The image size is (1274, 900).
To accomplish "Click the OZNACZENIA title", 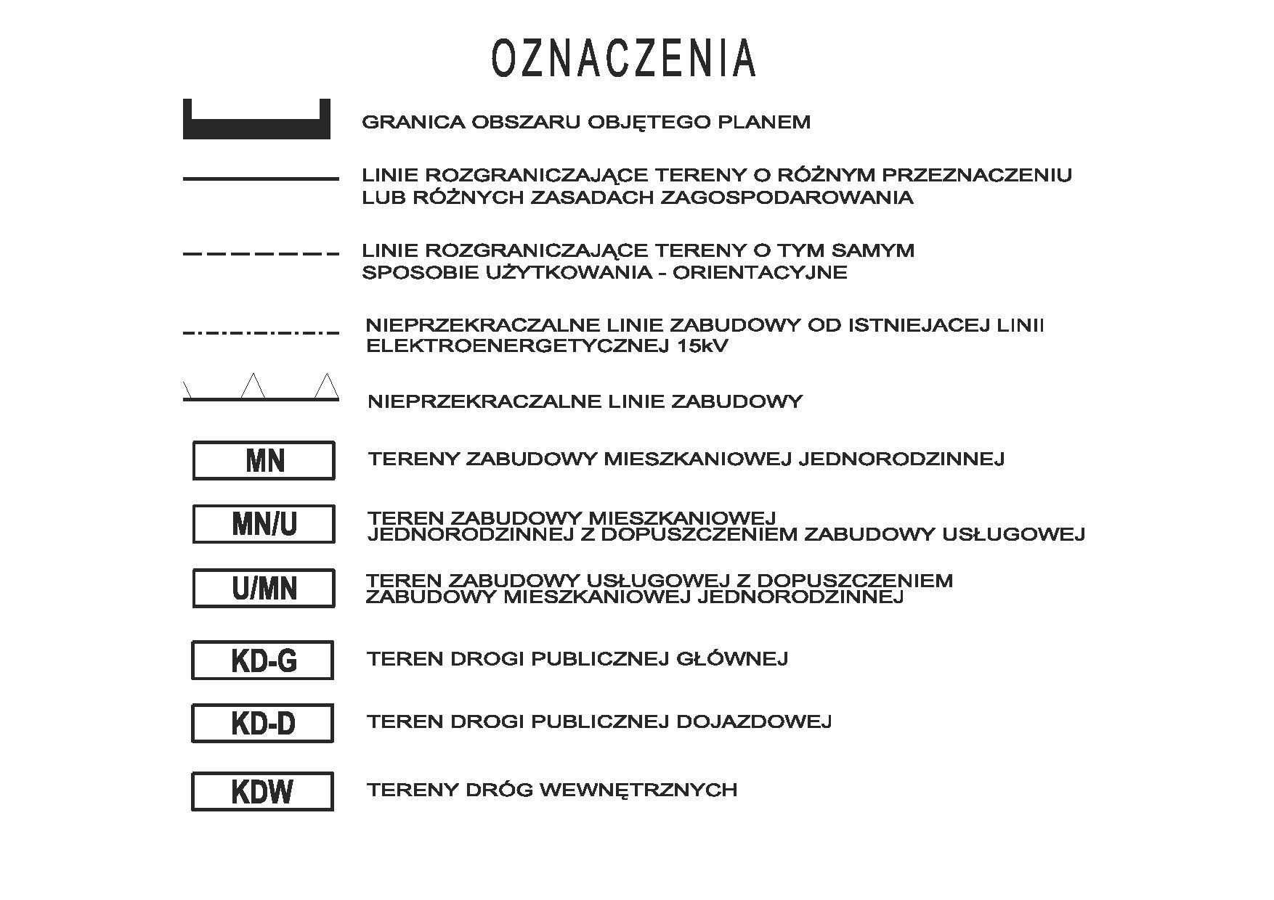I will tap(624, 58).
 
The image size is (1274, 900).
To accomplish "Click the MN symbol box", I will tap(264, 460).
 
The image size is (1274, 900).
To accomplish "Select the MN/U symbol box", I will tap(264, 523).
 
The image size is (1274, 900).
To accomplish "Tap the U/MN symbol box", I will tap(264, 587).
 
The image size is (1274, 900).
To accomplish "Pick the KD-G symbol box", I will tap(263, 660).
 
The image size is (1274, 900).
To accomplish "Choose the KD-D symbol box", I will tap(263, 723).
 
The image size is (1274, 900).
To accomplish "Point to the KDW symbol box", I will tap(263, 790).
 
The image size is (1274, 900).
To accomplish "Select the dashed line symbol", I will tap(261, 254).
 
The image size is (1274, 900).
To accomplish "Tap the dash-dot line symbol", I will tap(261, 333).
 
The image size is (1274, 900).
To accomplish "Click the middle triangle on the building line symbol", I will tap(253, 386).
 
